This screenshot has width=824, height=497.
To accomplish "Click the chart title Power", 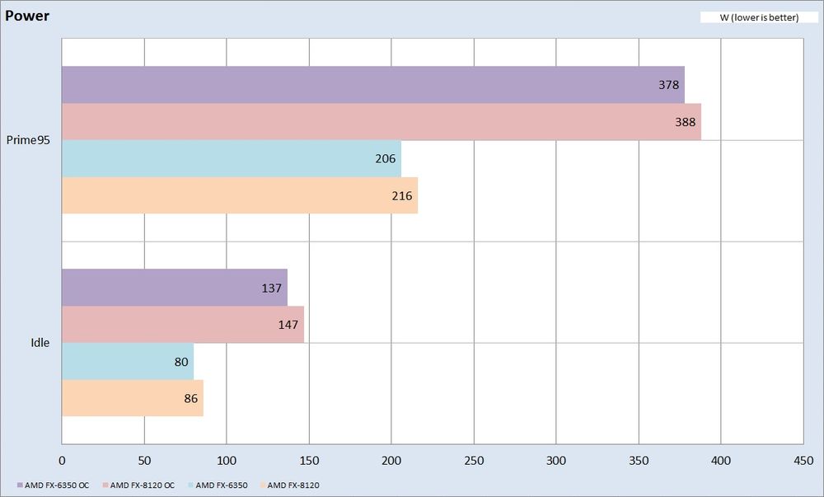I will point(27,16).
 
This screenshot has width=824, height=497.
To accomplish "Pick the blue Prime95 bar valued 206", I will point(231,158).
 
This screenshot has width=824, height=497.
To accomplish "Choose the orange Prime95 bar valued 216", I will point(239,195).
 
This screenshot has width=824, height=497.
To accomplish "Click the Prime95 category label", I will point(29,140).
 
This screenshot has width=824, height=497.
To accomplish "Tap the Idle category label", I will point(40,343).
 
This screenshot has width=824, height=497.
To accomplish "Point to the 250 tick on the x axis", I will point(474,460).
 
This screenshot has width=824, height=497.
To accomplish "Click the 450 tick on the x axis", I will point(803,460).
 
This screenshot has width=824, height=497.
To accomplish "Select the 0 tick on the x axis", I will point(63,460).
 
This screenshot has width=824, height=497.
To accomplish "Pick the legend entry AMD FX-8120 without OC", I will point(293,485).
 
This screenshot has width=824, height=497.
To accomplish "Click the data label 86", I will point(191,398).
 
